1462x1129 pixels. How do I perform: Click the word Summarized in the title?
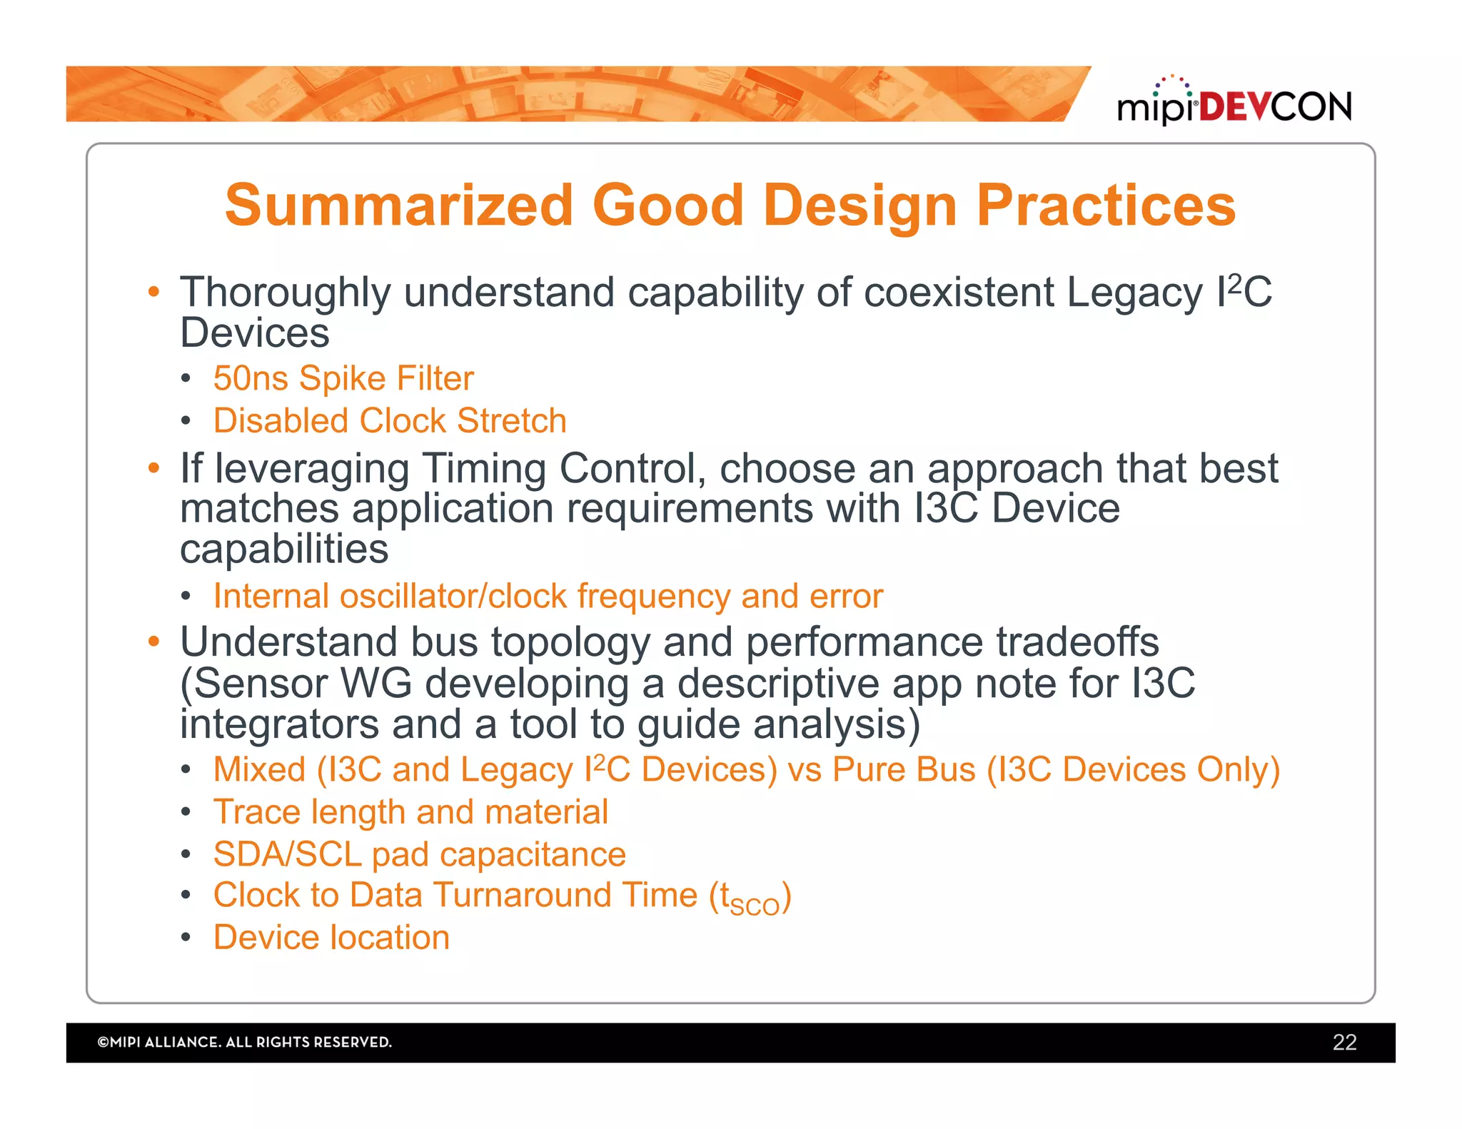[399, 206]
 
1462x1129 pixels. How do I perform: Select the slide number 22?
[1343, 1042]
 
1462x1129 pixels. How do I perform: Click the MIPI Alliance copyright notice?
[244, 1042]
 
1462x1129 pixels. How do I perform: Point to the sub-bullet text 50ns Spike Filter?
[343, 378]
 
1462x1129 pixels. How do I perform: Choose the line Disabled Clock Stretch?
[390, 420]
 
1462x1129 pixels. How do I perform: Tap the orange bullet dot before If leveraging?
[153, 468]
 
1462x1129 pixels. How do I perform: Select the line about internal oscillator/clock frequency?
[548, 596]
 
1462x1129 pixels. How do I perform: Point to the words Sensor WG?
[303, 683]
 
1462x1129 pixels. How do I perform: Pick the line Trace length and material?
[410, 812]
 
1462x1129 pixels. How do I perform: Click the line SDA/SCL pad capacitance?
[419, 854]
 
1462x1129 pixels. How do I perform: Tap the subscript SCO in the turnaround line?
[755, 906]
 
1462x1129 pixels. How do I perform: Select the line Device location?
[331, 937]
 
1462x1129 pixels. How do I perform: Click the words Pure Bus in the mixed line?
[904, 769]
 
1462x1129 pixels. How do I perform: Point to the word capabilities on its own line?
[284, 550]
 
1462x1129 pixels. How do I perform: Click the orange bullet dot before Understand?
[153, 642]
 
